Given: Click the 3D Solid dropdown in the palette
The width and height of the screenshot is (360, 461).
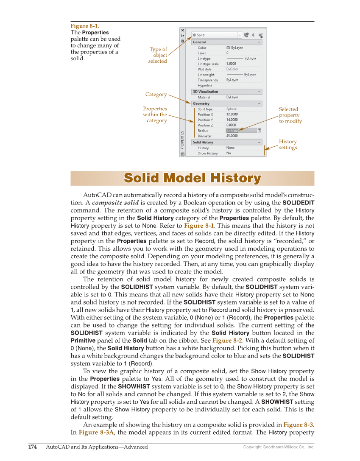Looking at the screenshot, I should pos(216,35).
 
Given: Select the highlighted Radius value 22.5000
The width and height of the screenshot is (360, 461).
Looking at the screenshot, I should pos(232,131).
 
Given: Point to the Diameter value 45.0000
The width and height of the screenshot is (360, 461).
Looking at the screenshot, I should pos(232,136).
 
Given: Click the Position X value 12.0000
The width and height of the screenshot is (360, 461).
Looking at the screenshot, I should pos(232,115).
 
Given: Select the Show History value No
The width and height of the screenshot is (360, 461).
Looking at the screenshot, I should pos(229,153).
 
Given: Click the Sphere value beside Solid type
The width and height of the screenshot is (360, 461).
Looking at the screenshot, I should pos(232,109).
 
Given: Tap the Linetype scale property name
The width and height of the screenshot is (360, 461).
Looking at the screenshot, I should pos(208,64).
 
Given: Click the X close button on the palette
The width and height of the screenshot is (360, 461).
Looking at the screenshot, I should pos(183,31).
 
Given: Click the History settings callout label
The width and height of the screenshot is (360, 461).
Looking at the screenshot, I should pos(288,145).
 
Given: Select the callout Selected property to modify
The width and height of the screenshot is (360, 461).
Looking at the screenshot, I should pos(290,115).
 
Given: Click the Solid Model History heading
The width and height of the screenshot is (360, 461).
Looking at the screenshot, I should pos(192,179).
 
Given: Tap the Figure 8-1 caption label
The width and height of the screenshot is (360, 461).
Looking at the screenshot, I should pos(85,26).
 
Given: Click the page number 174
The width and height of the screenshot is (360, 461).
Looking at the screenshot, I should pos(32,447).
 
